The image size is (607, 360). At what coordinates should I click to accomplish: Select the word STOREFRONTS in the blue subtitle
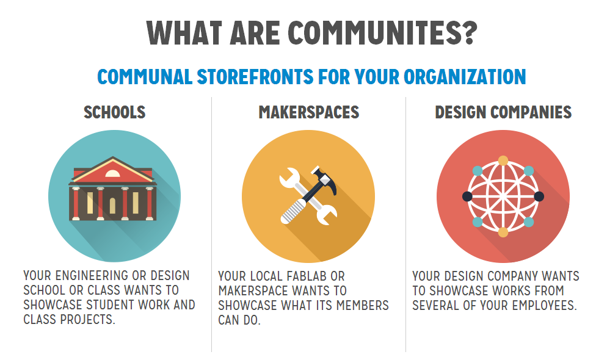coord(255,76)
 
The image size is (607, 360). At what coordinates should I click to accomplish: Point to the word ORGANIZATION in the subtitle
coord(465,76)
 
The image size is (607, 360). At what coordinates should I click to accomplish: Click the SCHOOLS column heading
coord(115,112)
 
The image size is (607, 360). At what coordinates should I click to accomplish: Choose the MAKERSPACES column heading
coord(309,112)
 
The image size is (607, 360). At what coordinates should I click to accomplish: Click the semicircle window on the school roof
coord(112,174)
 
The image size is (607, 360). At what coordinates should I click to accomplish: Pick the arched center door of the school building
coord(112,206)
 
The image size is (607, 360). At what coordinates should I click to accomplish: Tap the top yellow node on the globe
coord(503,160)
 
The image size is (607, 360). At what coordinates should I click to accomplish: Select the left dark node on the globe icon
coord(467,196)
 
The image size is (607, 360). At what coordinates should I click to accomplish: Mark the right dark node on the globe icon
coord(539,196)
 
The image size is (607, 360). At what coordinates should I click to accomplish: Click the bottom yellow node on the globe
coord(503,232)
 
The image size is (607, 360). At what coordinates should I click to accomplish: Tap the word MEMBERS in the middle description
coord(362,306)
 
